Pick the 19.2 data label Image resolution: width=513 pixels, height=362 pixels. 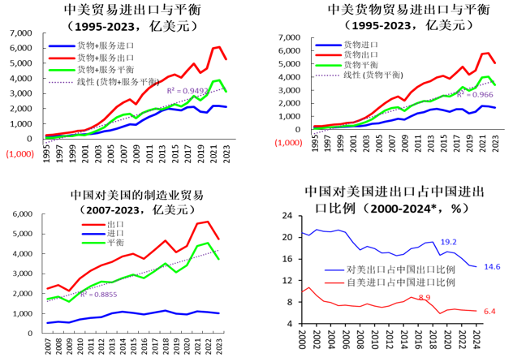[x=450, y=243]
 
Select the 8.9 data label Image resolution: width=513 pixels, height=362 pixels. [x=425, y=298]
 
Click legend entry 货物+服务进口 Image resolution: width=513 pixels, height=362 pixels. [x=106, y=48]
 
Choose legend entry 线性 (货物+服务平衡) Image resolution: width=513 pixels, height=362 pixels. [x=113, y=81]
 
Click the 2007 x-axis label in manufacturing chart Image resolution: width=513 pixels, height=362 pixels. [x=48, y=343]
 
